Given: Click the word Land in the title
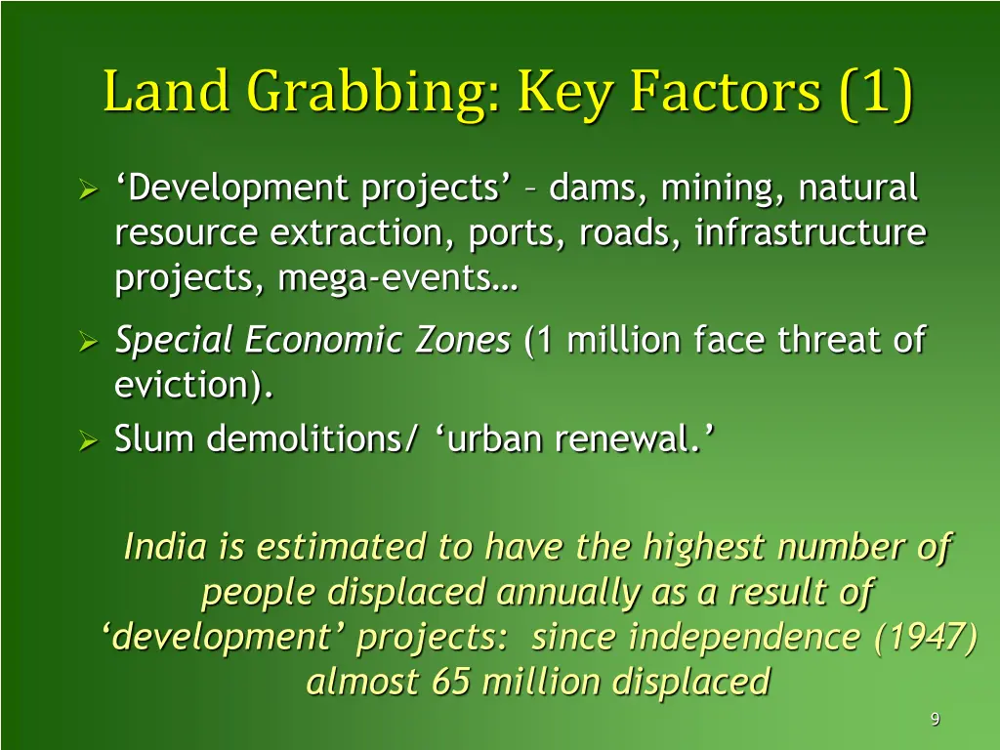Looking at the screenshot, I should tap(166, 93).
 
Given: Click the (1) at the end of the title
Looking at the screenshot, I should tap(875, 93).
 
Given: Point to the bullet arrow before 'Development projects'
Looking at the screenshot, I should tap(87, 187).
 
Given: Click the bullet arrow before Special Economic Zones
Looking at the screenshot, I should tap(87, 342).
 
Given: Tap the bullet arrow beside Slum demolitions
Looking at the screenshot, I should tap(87, 441).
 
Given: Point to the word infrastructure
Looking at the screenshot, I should tap(811, 233).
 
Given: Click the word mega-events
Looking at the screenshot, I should tap(398, 280).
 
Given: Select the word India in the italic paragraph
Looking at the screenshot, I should tap(165, 547).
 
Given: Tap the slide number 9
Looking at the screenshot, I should tap(935, 720).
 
